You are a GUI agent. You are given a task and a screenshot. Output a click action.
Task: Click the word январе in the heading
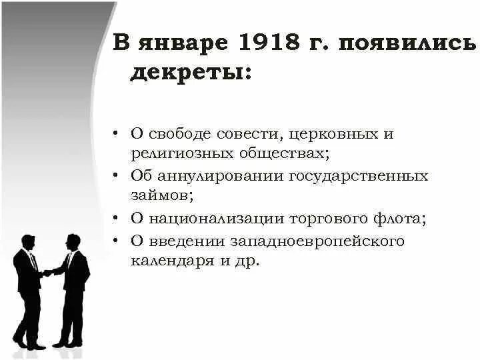pyautogui.click(x=183, y=45)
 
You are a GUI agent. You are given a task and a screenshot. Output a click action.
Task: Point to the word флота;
pyautogui.click(x=396, y=219)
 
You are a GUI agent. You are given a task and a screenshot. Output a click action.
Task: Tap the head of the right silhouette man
pyautogui.click(x=73, y=241)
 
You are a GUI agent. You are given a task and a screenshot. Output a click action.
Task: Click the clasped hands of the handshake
pyautogui.click(x=47, y=273)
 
